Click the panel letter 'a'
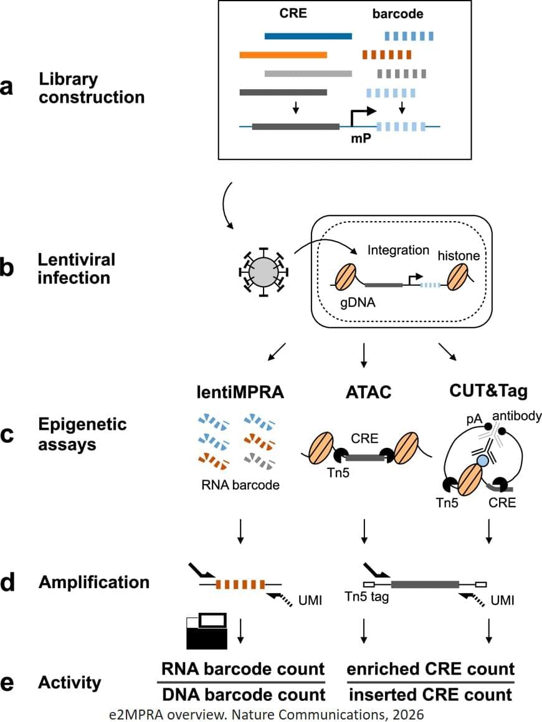coord(8,88)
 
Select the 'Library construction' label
coord(92,88)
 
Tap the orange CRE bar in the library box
coord(283,55)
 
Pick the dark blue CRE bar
coord(308,36)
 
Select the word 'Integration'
coord(398,250)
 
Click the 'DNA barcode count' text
coord(243,695)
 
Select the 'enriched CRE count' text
coord(430,669)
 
